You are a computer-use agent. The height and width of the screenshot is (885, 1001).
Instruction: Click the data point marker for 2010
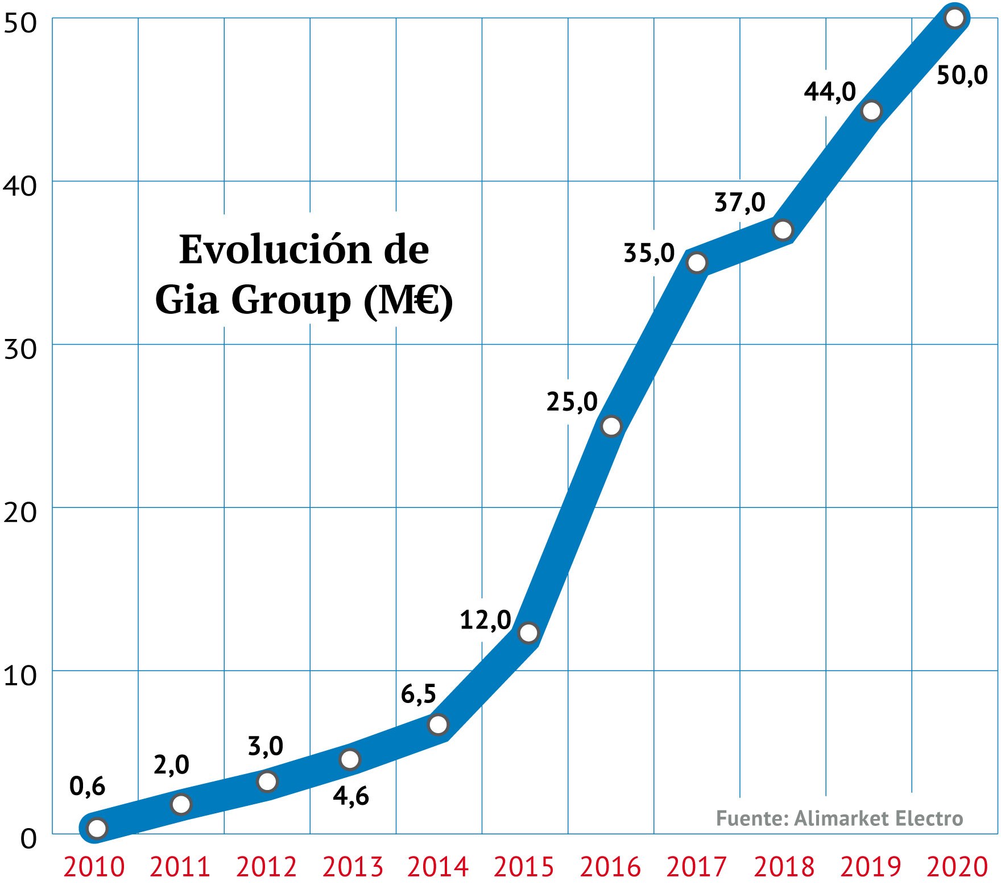(x=97, y=829)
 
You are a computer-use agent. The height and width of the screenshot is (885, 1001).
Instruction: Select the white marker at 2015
(x=528, y=632)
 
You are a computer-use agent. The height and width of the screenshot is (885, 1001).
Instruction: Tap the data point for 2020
(x=954, y=18)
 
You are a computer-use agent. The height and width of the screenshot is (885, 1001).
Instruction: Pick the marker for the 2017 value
(x=697, y=263)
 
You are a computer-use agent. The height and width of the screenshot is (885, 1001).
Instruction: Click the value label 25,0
(x=572, y=402)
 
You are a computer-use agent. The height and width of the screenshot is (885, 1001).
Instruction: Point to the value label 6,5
(x=418, y=694)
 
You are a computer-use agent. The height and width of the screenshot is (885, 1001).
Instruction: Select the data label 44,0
(x=830, y=92)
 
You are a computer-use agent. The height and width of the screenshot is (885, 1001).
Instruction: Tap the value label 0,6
(x=87, y=786)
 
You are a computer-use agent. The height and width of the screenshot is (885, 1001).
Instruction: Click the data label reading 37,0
(x=739, y=202)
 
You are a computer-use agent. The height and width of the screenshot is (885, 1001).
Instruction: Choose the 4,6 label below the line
(x=351, y=796)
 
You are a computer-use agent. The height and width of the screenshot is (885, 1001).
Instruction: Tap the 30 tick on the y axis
(x=20, y=349)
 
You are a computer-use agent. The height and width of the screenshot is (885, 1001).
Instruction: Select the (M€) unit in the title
(x=408, y=300)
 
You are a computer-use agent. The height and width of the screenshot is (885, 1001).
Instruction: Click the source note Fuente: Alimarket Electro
(x=839, y=818)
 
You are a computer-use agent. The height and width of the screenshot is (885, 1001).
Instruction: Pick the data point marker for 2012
(x=267, y=781)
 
